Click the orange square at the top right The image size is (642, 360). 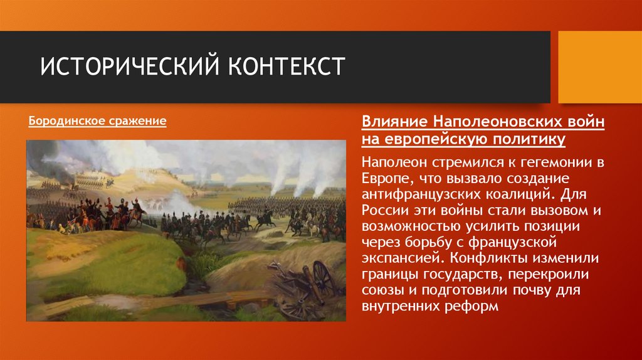coord(600,67)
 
